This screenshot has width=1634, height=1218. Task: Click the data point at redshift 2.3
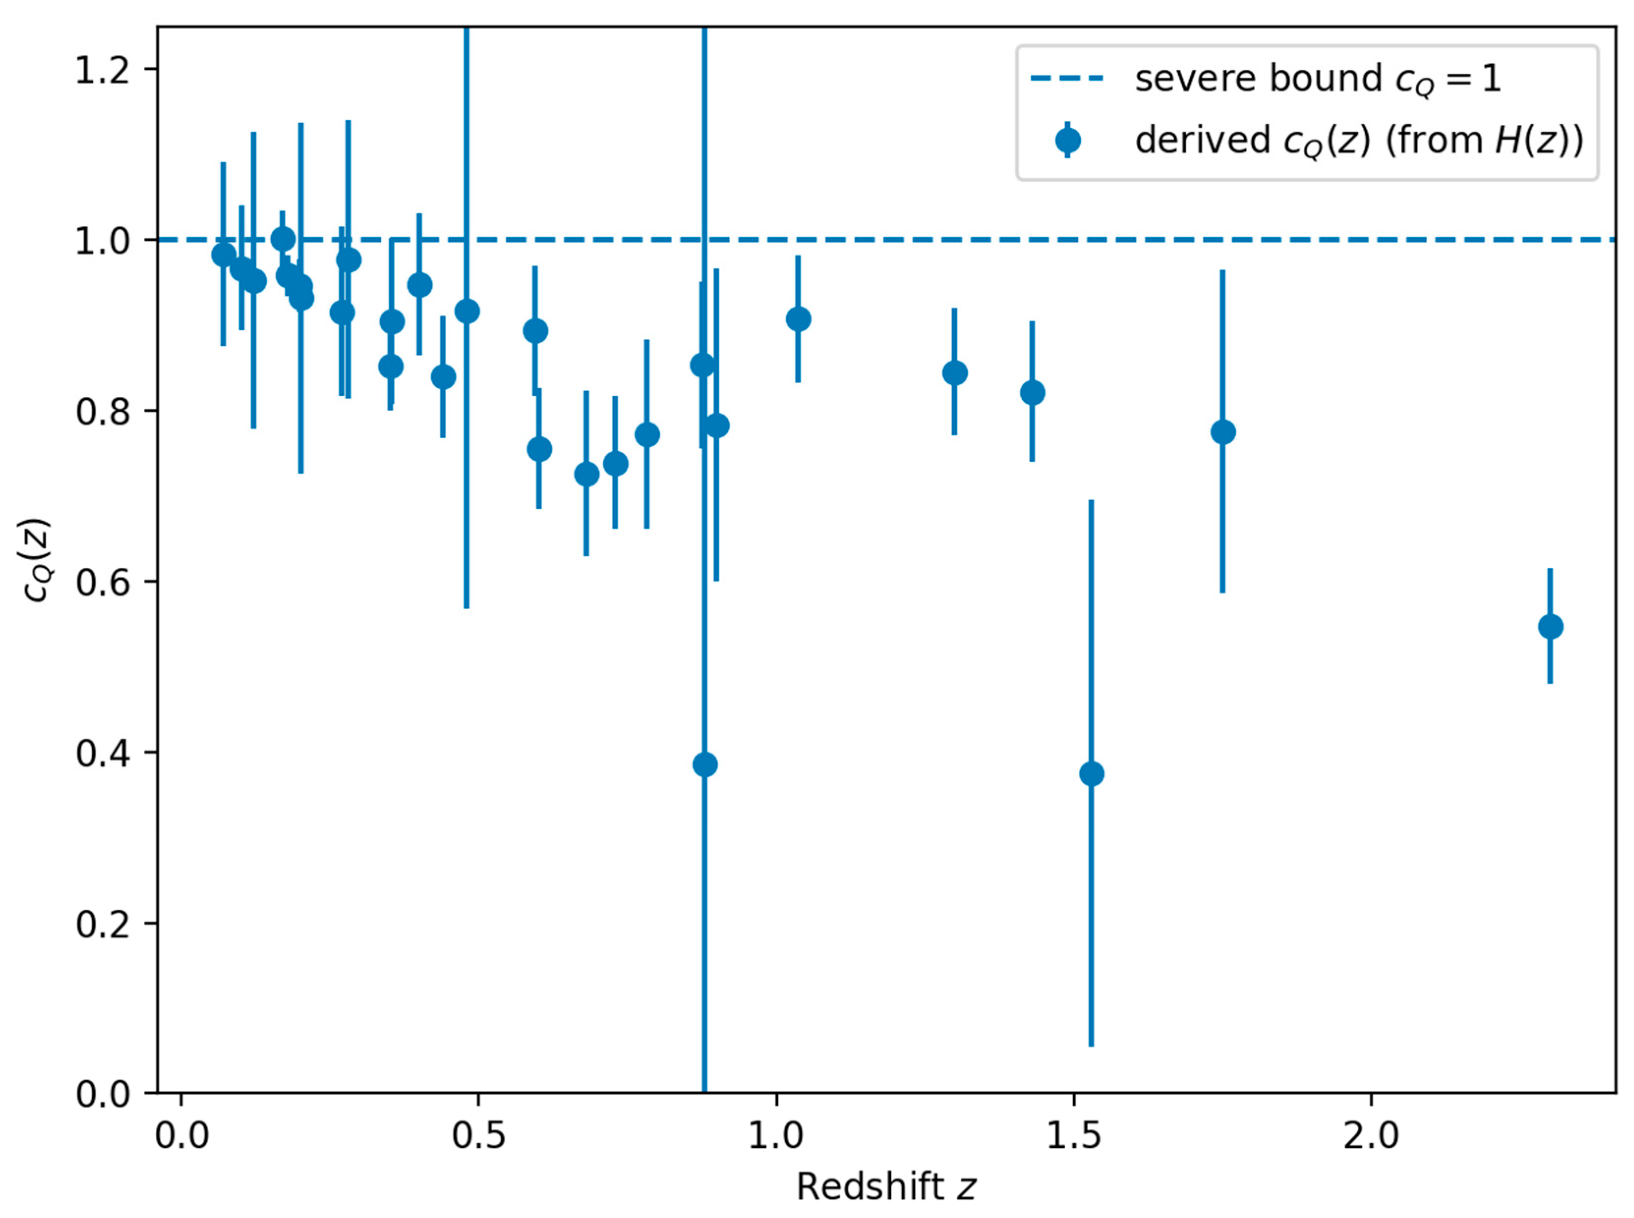coord(1550,627)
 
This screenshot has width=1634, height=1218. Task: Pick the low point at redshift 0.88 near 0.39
coord(704,765)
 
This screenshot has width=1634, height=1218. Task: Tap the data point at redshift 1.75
coord(1223,432)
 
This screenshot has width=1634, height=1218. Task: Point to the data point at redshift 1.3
coord(955,373)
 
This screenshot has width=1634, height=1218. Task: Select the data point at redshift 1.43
coord(1032,392)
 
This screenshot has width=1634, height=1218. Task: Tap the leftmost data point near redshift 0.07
coord(224,255)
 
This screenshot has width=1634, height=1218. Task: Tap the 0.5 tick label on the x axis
coord(479,1136)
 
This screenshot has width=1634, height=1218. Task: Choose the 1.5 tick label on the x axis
coord(1073,1136)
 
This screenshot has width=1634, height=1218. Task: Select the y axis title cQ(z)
coord(37,560)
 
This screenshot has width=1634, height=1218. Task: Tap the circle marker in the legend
coord(1067,140)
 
